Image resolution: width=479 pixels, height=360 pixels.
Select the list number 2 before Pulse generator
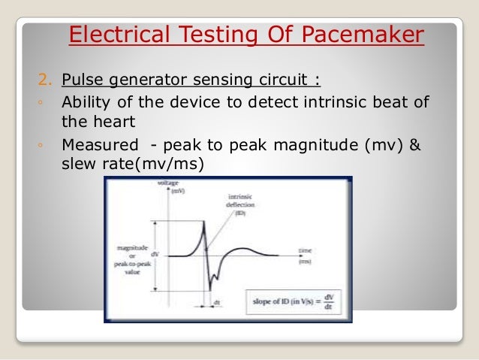(44, 80)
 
